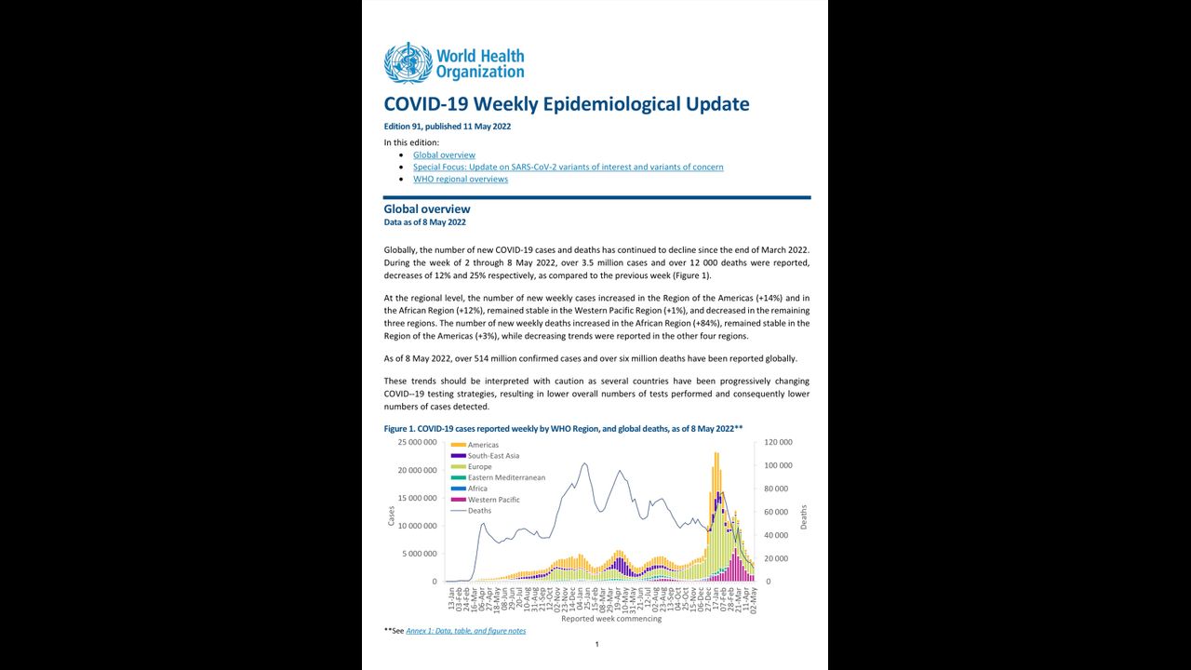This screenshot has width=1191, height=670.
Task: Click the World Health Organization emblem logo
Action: (408, 62)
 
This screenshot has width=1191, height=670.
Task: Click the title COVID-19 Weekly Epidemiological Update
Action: (566, 104)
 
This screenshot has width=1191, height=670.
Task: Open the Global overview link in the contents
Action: (444, 155)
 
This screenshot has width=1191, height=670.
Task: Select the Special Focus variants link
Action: (568, 167)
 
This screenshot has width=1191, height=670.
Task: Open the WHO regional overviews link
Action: (461, 180)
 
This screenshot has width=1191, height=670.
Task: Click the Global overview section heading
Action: (427, 209)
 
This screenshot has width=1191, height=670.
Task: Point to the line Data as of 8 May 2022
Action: (424, 222)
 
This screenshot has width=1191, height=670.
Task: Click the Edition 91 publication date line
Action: (447, 127)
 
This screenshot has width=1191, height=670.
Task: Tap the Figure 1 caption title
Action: (563, 428)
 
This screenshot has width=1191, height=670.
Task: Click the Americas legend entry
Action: (483, 445)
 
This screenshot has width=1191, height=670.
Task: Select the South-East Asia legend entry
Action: (493, 456)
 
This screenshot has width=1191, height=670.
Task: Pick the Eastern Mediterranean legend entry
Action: (506, 477)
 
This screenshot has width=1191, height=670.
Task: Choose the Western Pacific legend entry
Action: (493, 500)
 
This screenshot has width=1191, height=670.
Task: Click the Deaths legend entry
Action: (479, 511)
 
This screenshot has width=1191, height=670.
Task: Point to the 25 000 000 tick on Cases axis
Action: (417, 442)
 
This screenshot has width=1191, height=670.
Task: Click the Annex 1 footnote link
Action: (465, 631)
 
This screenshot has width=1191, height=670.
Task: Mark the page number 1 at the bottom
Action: (596, 645)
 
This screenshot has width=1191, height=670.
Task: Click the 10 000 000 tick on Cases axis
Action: (417, 526)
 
